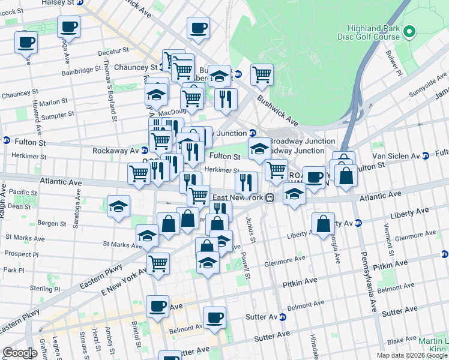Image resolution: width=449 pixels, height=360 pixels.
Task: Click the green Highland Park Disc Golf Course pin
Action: (410, 31)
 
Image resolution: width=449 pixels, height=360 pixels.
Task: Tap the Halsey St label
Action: (59, 3)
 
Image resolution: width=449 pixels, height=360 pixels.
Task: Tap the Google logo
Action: (19, 353)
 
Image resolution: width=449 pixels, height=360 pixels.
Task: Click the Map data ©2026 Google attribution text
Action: (412, 355)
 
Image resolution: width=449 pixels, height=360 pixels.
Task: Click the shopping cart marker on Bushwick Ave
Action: (262, 74)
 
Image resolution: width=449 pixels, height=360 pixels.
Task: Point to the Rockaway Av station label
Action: (117, 150)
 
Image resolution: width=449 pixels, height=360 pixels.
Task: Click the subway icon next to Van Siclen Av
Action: (425, 156)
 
